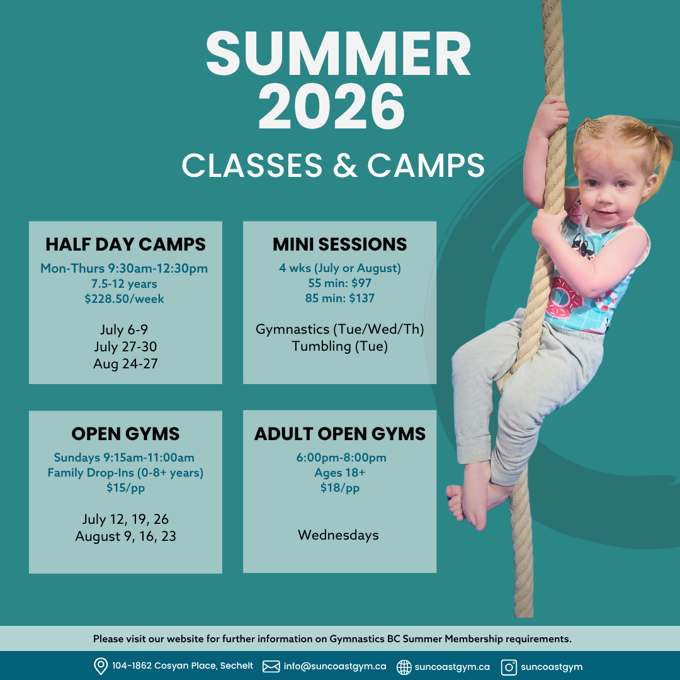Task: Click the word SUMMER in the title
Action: coord(338,54)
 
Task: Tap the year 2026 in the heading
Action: coord(332,106)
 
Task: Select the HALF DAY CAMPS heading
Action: coord(125,244)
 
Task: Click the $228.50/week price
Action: coord(124,299)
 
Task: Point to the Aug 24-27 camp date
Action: coord(125,363)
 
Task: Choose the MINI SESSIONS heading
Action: coord(339,244)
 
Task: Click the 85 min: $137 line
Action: coord(339,298)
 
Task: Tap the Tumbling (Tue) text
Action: coord(339,346)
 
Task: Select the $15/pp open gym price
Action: coord(125,488)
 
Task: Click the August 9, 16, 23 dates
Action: coord(125,536)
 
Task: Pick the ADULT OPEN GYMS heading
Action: coord(339,434)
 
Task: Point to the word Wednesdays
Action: coord(338,535)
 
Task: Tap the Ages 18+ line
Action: coord(339,473)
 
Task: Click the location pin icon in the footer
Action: coord(101,666)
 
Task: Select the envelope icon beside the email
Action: coord(271,666)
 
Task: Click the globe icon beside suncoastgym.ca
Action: coord(404,667)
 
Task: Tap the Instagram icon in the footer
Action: coord(509,667)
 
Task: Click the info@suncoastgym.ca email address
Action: coord(335,666)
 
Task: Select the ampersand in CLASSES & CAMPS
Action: coord(345,165)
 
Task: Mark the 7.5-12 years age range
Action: coord(124,283)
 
